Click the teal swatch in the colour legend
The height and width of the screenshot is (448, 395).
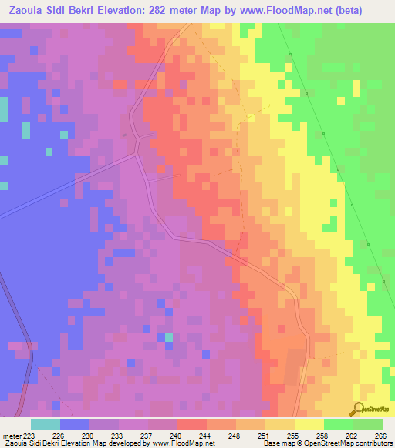pos(46,424)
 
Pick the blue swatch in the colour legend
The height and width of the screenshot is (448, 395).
pos(75,424)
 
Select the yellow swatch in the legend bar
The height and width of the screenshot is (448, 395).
pos(309,424)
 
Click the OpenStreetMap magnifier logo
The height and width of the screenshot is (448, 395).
pos(359,409)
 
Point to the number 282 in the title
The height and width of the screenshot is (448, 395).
pos(154,10)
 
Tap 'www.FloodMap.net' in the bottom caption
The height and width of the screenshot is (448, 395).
pos(181,443)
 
